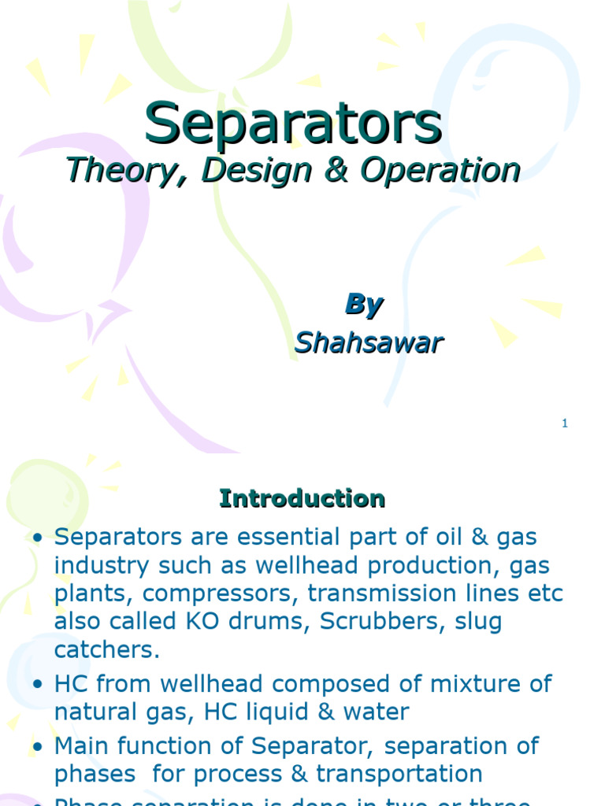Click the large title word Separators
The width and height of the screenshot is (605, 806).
point(293,124)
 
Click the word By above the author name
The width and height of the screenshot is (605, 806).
point(363,305)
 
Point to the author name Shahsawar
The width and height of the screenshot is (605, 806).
point(369,342)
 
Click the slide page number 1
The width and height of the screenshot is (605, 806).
point(565,423)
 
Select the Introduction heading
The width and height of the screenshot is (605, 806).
point(302,498)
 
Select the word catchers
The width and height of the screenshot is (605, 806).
point(106,649)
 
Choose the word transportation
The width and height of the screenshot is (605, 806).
point(399,773)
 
